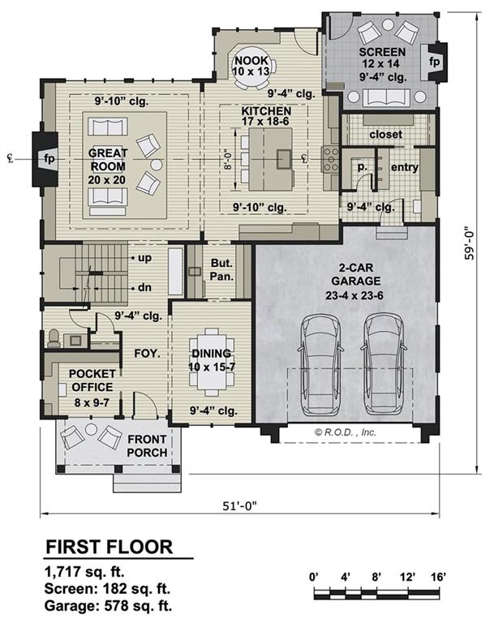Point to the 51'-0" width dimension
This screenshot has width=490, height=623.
click(x=241, y=505)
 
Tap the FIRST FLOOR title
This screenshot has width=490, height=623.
click(x=108, y=546)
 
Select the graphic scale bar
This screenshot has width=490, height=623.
click(x=380, y=595)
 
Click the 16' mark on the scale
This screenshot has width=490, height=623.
click(x=439, y=577)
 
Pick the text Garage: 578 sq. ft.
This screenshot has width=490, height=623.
click(x=108, y=604)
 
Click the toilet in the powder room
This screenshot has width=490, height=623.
click(x=54, y=335)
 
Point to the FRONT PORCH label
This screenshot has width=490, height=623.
click(x=148, y=445)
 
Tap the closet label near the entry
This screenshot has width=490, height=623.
click(x=385, y=134)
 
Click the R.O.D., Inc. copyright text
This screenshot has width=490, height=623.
click(x=346, y=432)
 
